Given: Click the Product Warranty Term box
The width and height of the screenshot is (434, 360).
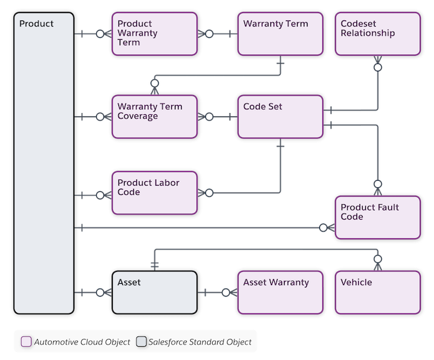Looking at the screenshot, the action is click(154, 34).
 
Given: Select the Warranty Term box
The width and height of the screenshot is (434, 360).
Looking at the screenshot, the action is click(280, 34).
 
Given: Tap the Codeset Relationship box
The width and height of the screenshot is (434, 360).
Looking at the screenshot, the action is click(378, 34).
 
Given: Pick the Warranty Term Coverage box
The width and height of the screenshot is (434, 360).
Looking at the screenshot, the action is click(154, 117).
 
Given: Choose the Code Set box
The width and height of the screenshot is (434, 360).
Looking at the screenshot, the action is click(280, 117).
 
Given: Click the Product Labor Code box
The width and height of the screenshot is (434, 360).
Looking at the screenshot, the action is click(154, 193).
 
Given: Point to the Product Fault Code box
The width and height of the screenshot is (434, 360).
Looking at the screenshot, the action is click(378, 218).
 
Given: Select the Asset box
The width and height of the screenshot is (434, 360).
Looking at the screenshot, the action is click(154, 292).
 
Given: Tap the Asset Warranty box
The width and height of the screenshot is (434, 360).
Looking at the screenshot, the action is click(280, 292).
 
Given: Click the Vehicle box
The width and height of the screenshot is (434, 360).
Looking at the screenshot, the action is click(378, 292).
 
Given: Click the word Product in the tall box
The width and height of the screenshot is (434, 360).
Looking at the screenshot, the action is click(36, 24).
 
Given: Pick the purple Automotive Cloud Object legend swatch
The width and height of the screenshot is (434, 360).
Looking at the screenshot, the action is click(26, 341).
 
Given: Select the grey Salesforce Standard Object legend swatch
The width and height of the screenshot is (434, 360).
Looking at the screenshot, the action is click(141, 341).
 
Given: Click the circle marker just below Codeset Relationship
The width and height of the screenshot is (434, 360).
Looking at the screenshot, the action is click(378, 67).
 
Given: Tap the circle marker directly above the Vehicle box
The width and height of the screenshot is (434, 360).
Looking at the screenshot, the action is click(378, 259).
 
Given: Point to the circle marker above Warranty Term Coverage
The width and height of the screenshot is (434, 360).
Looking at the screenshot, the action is click(155, 83).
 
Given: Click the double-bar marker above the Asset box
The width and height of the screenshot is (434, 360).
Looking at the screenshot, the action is click(155, 265).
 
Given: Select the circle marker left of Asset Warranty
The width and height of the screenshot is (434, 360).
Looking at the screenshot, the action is click(226, 292).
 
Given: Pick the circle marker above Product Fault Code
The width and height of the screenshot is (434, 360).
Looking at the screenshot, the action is click(378, 184).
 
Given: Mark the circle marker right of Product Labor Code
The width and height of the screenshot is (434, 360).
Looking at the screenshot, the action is click(210, 193).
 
